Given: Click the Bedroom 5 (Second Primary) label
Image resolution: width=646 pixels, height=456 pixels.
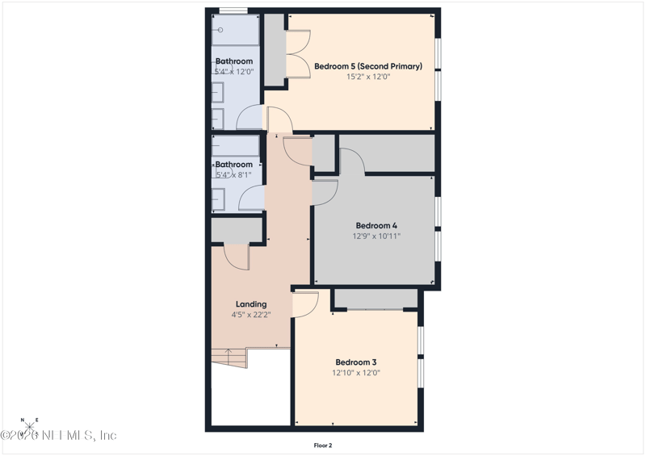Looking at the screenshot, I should [368, 66].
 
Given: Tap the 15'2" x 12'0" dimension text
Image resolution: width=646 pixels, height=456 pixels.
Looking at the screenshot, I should [368, 77].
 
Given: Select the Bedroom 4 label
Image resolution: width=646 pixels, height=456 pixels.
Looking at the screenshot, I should [376, 225].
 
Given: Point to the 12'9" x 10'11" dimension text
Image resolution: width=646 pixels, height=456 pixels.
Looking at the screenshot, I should [376, 236].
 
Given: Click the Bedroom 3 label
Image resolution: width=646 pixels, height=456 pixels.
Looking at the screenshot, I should [356, 362].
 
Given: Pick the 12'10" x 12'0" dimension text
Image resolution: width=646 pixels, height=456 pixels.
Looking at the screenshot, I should [356, 373].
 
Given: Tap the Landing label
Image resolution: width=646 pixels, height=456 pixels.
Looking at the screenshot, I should [251, 304].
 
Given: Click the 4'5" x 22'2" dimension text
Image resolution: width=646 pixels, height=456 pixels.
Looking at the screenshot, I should [251, 316].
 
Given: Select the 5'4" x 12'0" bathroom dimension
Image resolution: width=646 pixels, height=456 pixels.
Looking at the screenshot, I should [234, 72].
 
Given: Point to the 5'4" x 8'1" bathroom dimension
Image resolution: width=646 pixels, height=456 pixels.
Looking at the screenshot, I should [234, 175].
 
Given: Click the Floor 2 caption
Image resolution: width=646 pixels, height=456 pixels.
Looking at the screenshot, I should [323, 445].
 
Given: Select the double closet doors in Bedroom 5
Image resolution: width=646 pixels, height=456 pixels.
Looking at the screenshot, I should [298, 54].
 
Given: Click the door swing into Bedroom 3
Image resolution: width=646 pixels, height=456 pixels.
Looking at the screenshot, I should [307, 305].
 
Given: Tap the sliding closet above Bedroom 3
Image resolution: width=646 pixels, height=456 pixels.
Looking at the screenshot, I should [375, 299].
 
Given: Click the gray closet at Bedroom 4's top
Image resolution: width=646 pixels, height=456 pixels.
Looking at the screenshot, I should [387, 153].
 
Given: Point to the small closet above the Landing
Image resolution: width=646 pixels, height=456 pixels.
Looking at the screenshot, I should [237, 231].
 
